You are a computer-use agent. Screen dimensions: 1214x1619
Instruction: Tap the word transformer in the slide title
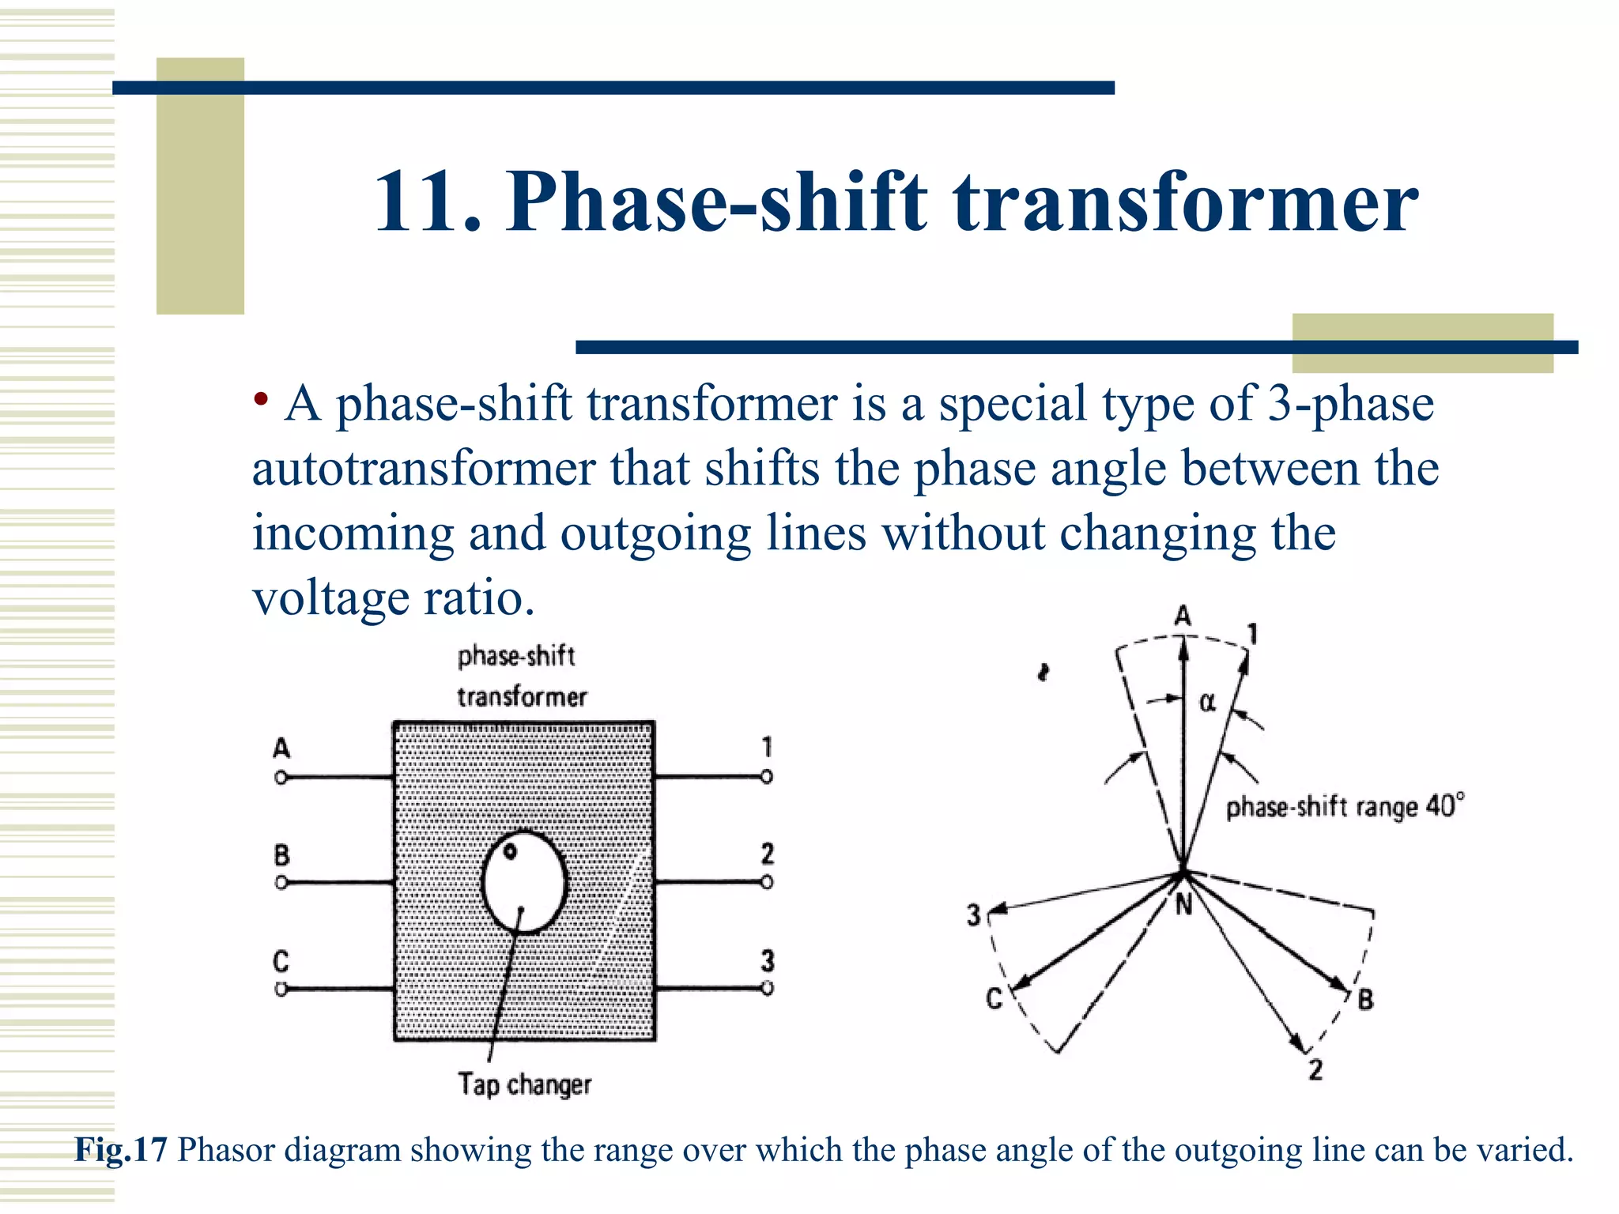(x=1186, y=204)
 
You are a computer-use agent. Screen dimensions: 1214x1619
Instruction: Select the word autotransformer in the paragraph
(x=423, y=469)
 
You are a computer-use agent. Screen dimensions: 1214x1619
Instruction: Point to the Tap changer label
(x=524, y=1084)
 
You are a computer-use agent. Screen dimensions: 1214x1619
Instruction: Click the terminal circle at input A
(x=281, y=778)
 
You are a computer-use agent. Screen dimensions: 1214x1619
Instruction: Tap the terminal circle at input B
(x=281, y=882)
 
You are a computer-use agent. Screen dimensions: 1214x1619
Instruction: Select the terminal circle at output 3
(x=767, y=988)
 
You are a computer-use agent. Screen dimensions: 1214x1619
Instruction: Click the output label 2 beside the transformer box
(x=767, y=854)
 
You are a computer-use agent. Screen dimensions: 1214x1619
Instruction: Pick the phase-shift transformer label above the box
(x=520, y=677)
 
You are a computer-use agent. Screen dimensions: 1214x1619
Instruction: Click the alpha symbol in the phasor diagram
(x=1207, y=702)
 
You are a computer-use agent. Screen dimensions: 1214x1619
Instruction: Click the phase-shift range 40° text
(x=1344, y=807)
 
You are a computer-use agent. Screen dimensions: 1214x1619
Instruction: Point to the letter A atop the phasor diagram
(x=1183, y=616)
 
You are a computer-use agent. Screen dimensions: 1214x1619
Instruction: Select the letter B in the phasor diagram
(x=1365, y=1000)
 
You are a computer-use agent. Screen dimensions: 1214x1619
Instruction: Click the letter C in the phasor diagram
(x=994, y=999)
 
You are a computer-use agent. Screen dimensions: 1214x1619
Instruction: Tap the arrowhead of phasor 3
(x=998, y=910)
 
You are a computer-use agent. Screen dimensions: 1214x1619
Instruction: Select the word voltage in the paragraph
(x=330, y=598)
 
